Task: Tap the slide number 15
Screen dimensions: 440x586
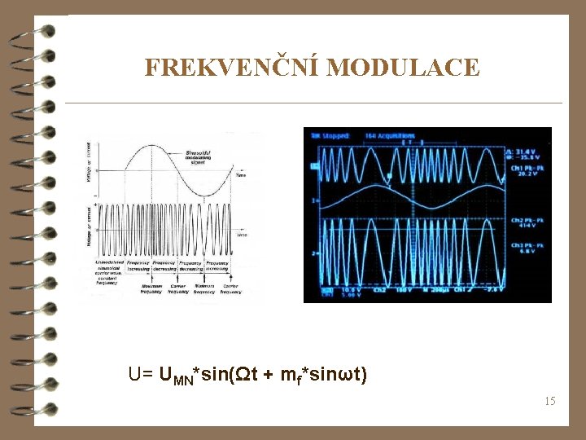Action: point(550,401)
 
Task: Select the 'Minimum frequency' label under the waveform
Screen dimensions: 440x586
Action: point(203,288)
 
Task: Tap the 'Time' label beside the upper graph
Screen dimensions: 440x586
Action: point(241,174)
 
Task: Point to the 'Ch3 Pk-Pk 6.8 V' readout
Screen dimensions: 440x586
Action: point(527,248)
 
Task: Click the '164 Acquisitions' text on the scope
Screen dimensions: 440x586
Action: point(391,134)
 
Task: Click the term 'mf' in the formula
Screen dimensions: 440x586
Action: point(288,376)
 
